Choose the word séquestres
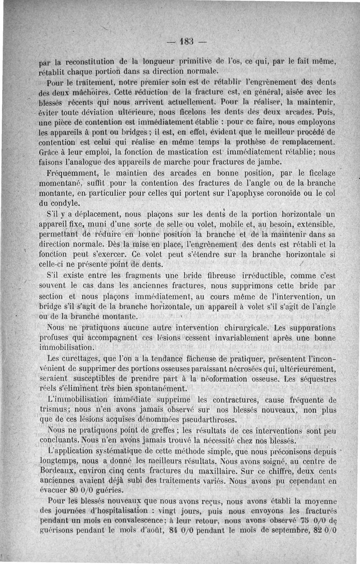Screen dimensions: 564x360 point(315,379)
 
